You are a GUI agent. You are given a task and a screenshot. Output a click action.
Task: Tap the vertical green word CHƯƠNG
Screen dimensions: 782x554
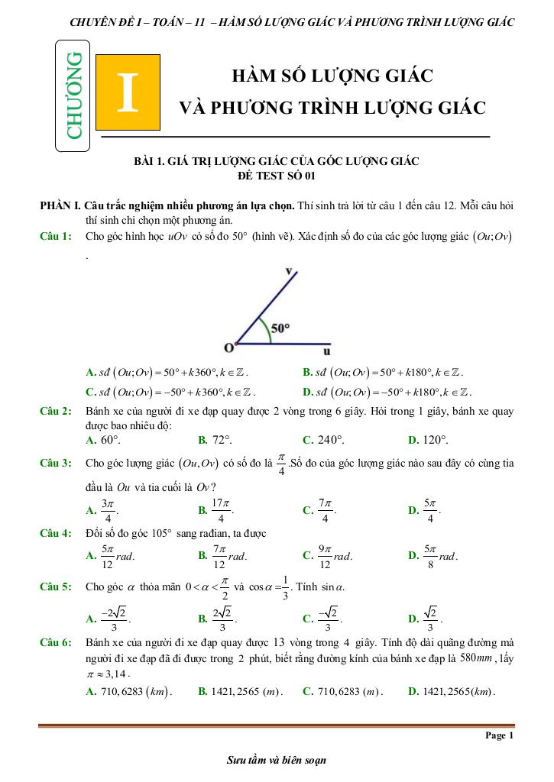pyautogui.click(x=73, y=94)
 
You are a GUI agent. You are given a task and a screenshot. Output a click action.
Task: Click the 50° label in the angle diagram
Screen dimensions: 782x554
pyautogui.click(x=280, y=328)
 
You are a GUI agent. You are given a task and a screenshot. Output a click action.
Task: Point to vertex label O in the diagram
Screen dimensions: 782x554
pyautogui.click(x=228, y=348)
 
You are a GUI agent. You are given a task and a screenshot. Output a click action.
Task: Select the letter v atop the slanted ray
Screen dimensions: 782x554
pyautogui.click(x=289, y=270)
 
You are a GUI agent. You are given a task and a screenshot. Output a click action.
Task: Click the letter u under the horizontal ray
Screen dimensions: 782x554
pyautogui.click(x=327, y=352)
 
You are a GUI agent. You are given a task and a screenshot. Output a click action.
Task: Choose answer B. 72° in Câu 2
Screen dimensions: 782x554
pyautogui.click(x=215, y=440)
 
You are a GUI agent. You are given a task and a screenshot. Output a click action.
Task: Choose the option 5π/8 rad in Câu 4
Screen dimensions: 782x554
pyautogui.click(x=439, y=555)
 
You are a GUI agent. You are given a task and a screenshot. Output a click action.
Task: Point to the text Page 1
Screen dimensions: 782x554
pyautogui.click(x=500, y=735)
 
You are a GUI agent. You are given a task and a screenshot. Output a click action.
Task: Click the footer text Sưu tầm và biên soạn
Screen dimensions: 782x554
pyautogui.click(x=276, y=761)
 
